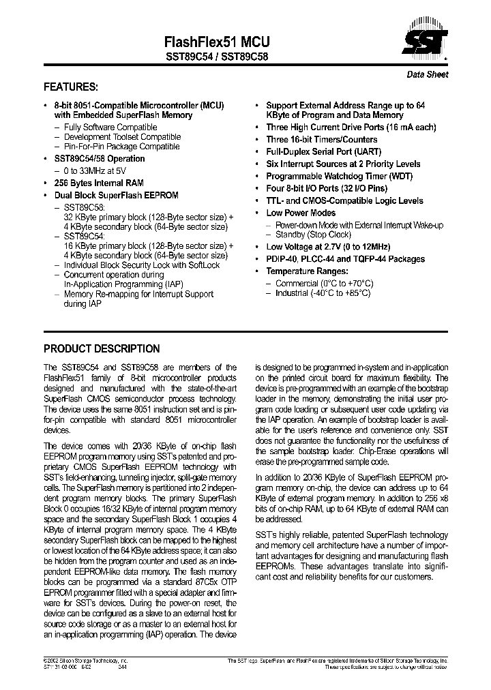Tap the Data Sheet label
click(x=428, y=74)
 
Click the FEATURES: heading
click(x=70, y=87)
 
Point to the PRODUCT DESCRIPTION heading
click(x=102, y=348)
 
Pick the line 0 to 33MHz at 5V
click(x=95, y=170)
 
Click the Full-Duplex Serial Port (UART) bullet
click(x=323, y=151)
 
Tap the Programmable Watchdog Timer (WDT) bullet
click(x=342, y=176)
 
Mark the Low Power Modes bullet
click(x=301, y=213)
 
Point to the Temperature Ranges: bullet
click(x=310, y=271)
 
